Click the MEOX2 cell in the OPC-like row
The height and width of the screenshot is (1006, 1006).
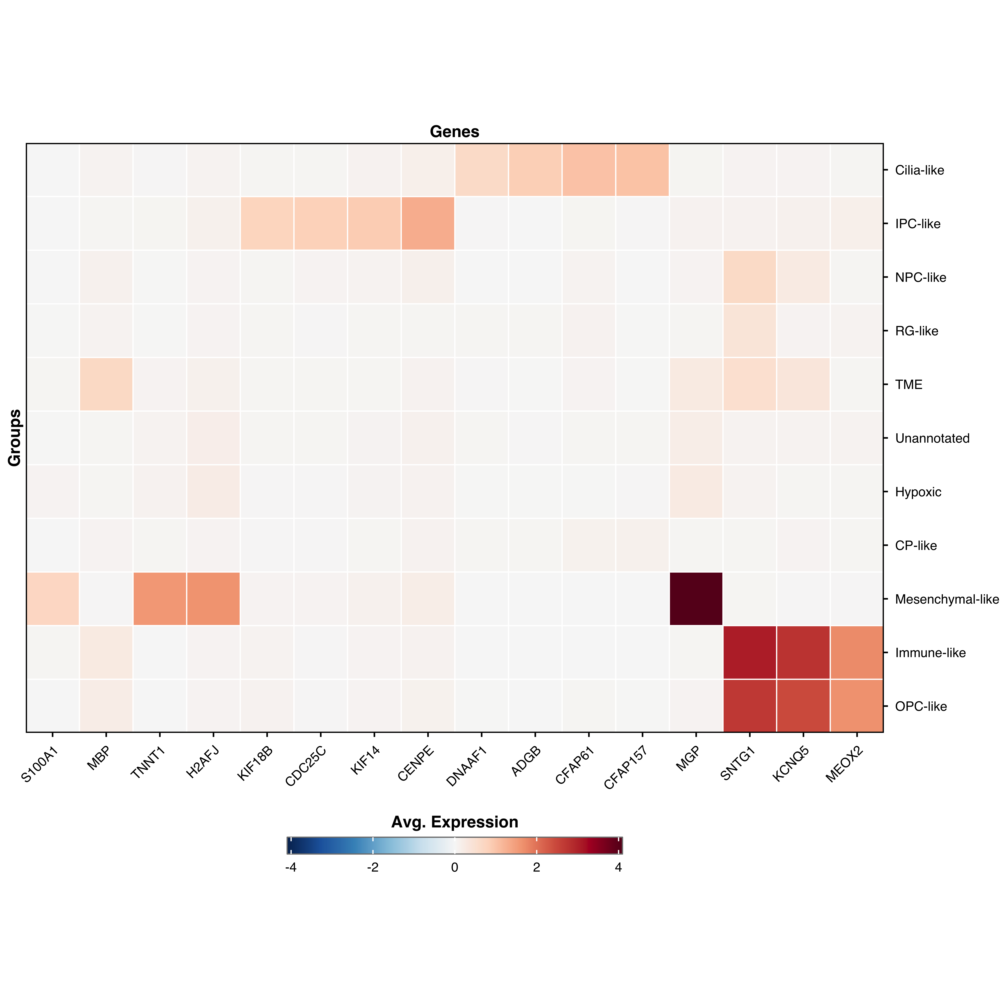tap(856, 706)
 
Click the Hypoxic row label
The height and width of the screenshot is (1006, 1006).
tap(918, 492)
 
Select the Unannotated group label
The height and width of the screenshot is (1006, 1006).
tap(932, 438)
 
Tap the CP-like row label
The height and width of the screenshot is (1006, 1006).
tap(915, 546)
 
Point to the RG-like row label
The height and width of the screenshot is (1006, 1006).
tap(916, 331)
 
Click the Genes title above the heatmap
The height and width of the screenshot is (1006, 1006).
tap(454, 132)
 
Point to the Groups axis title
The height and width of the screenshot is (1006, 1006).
tap(15, 437)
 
